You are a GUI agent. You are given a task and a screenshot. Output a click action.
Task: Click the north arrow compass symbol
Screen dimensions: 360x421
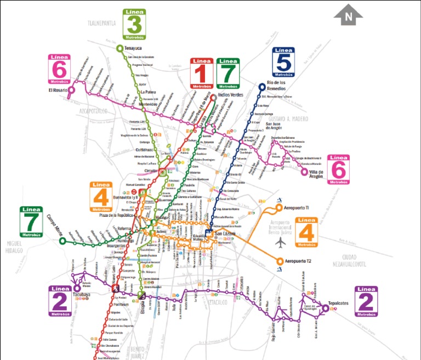[x=348, y=16]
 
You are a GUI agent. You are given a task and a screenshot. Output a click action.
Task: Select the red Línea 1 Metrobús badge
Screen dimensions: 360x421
[x=201, y=74]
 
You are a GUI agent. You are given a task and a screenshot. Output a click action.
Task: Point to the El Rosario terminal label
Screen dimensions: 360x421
[x=56, y=89]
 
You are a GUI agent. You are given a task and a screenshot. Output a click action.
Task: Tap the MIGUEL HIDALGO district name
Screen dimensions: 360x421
[x=15, y=246]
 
